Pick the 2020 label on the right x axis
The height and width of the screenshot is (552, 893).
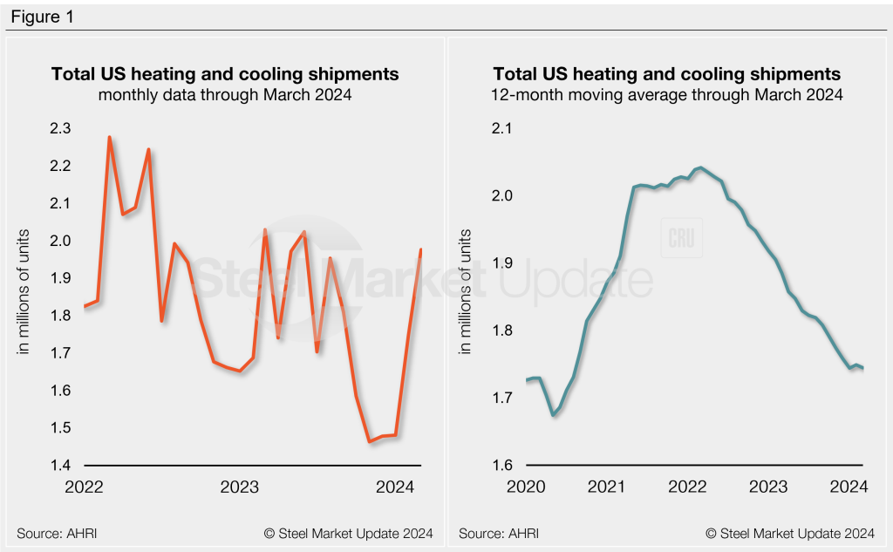click(x=526, y=487)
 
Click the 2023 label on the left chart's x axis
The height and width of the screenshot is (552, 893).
click(x=239, y=487)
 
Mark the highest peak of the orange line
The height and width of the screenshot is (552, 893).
click(x=109, y=137)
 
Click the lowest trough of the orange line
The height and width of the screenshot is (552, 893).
click(x=370, y=441)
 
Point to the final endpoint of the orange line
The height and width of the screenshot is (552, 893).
click(x=421, y=249)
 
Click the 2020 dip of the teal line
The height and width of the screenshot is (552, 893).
click(x=554, y=414)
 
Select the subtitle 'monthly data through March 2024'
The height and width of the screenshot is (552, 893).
click(x=225, y=95)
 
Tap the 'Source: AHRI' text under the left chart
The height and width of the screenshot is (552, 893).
click(x=56, y=533)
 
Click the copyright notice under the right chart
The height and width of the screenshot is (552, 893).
click(x=789, y=533)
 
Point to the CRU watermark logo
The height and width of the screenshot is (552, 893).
click(x=681, y=237)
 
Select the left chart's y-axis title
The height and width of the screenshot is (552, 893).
click(x=25, y=290)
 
